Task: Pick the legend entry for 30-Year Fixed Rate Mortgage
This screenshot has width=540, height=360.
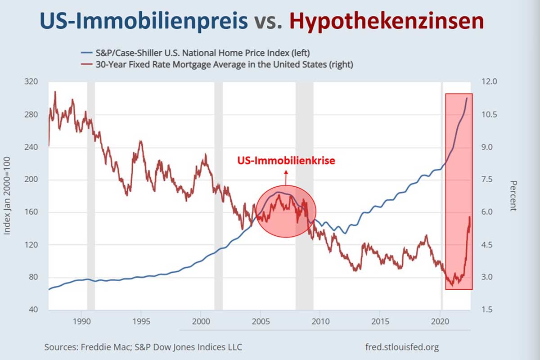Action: pos(220,64)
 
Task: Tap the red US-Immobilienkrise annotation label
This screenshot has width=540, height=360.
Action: pos(286,161)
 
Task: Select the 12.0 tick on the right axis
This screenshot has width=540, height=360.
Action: pos(489,82)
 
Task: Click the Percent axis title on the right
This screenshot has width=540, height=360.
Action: pos(513,196)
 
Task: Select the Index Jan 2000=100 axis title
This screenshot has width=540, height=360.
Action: pos(8,196)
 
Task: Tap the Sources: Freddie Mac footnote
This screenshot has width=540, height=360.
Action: pos(143,347)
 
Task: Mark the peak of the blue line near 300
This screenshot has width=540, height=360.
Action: pos(467,98)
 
